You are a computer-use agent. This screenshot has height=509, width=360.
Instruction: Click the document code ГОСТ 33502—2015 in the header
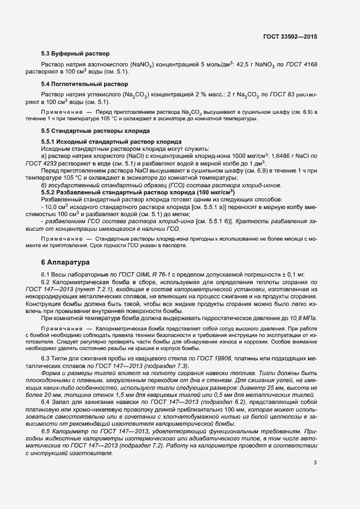pyautogui.click(x=290, y=36)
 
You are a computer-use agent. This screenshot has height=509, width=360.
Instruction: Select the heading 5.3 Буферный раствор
pyautogui.click(x=76, y=54)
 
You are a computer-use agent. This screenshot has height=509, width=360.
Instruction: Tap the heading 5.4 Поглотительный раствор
pyautogui.click(x=84, y=84)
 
